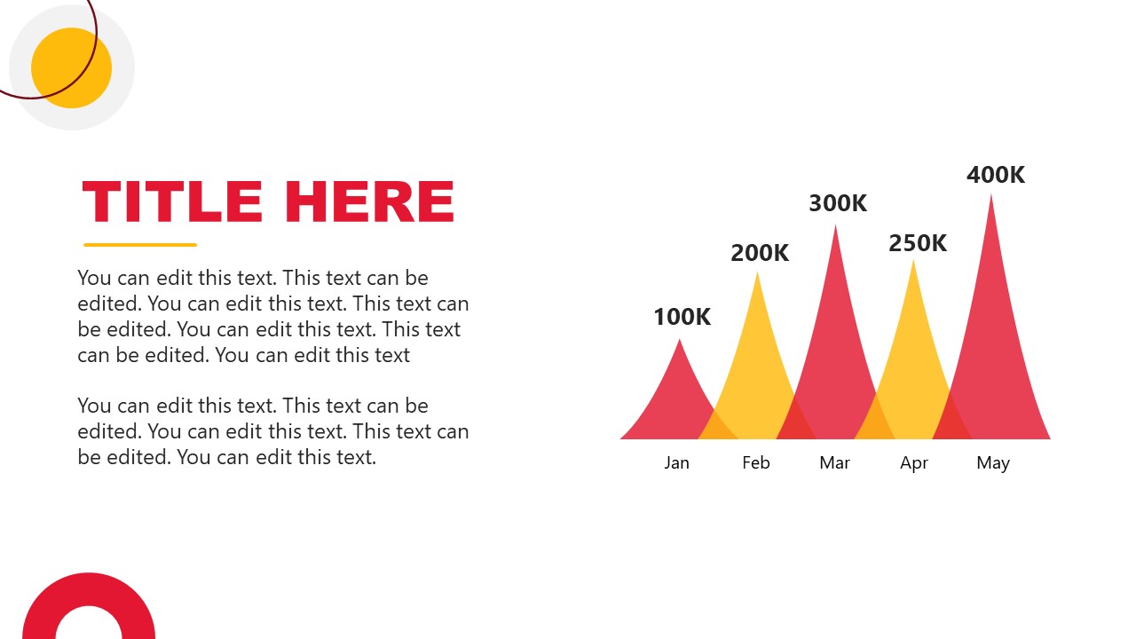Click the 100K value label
click(x=682, y=317)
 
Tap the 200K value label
click(x=760, y=253)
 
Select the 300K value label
click(x=838, y=203)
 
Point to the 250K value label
click(x=918, y=243)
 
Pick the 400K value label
click(x=996, y=175)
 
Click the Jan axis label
click(x=676, y=462)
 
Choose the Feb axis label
click(x=756, y=462)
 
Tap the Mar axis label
click(x=835, y=462)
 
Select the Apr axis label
click(x=914, y=462)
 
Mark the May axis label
click(x=993, y=462)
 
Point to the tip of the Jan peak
click(x=680, y=342)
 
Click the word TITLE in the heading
click(x=172, y=201)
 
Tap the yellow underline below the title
click(x=140, y=245)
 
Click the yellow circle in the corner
click(x=72, y=68)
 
